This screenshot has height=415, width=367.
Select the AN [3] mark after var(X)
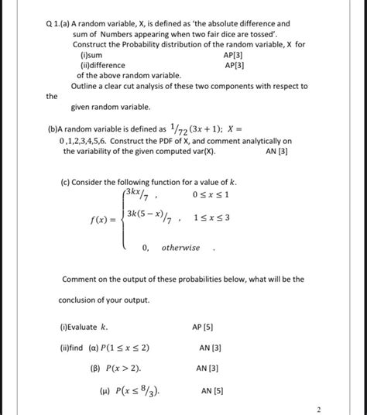pyautogui.click(x=276, y=152)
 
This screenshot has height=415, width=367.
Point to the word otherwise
pyautogui.click(x=180, y=247)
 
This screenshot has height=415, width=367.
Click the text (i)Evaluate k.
pyautogui.click(x=90, y=328)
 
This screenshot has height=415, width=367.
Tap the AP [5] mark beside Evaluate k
pyautogui.click(x=202, y=328)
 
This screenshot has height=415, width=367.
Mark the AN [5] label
pyautogui.click(x=212, y=390)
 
